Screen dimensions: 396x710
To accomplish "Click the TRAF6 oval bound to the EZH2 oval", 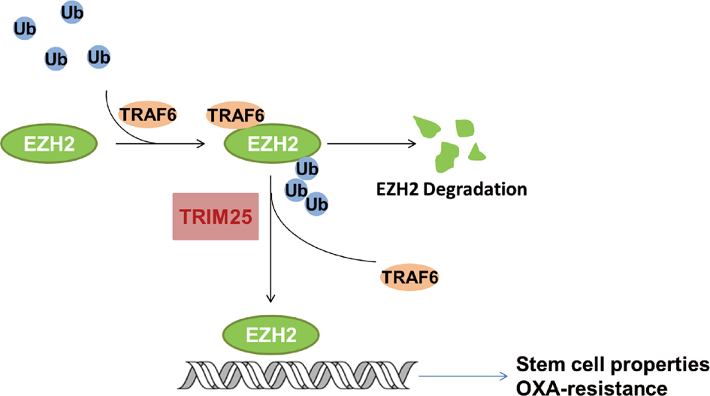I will tap(234, 115).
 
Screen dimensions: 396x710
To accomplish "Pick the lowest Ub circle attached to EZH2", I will tap(317, 203).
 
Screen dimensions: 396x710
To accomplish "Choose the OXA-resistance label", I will tap(591, 387).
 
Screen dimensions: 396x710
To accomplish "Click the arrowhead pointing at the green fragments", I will tap(412, 144).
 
